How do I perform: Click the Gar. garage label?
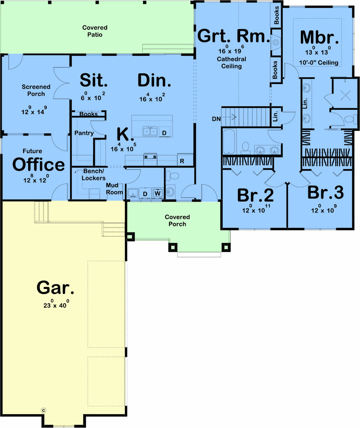(x=55, y=288)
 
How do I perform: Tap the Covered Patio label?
(x=95, y=31)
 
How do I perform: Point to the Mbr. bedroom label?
(x=319, y=37)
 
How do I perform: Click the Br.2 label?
(x=255, y=195)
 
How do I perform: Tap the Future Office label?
(x=38, y=161)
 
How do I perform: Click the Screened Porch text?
(x=36, y=90)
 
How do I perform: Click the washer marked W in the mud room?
(x=158, y=193)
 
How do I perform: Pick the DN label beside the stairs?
(x=216, y=119)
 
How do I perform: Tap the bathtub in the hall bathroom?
(x=229, y=141)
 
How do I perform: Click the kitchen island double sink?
(x=150, y=132)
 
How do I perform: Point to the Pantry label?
(x=84, y=133)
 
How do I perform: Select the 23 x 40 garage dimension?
(x=56, y=304)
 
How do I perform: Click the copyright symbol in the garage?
(x=43, y=410)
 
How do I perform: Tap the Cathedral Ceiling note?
(x=231, y=63)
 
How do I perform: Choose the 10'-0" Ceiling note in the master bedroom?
(x=318, y=63)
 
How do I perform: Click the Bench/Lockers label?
(x=94, y=174)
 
